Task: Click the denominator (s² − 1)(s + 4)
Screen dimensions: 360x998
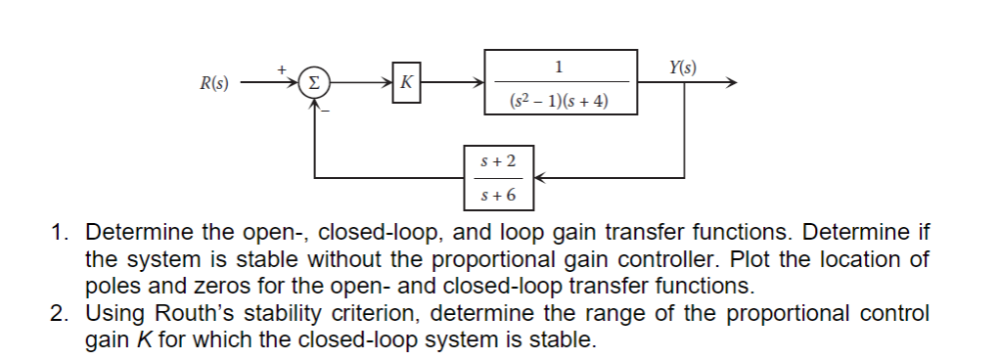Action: coord(561,100)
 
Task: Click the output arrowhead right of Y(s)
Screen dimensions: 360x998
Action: coord(728,83)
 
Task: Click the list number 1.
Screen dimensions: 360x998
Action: coord(60,234)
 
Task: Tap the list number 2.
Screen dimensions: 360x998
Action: coord(60,314)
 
